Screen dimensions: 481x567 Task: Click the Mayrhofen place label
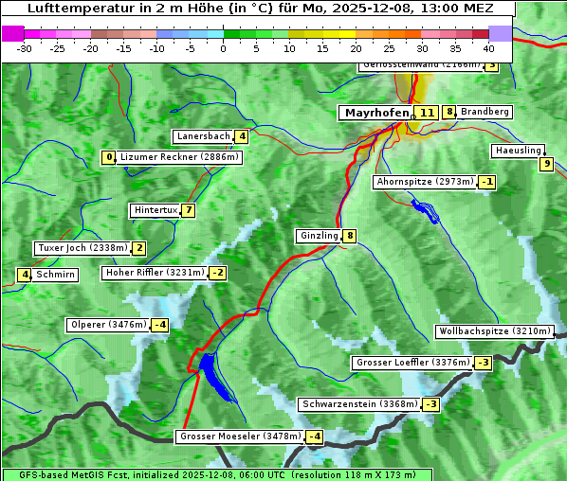click(x=376, y=113)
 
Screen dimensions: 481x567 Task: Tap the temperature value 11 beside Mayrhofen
click(x=428, y=113)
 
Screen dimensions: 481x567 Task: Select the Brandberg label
click(x=485, y=112)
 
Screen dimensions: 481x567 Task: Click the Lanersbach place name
click(x=203, y=136)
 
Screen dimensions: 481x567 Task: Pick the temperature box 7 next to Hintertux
click(x=189, y=210)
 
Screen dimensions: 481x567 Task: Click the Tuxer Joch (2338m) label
click(x=82, y=248)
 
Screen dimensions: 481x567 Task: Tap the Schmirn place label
click(x=56, y=275)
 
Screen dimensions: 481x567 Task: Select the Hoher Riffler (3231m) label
click(x=153, y=273)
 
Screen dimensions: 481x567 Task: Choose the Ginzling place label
click(x=319, y=236)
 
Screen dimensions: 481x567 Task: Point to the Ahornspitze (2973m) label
click(x=424, y=181)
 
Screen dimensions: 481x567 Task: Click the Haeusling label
click(x=518, y=151)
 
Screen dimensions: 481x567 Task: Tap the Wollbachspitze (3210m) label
click(x=493, y=331)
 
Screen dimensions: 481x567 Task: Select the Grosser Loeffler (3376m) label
click(x=412, y=363)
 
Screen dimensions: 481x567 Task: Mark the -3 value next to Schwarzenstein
click(x=430, y=404)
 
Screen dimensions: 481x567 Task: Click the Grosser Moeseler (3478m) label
click(x=240, y=436)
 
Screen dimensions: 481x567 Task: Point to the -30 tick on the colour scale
click(x=25, y=47)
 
